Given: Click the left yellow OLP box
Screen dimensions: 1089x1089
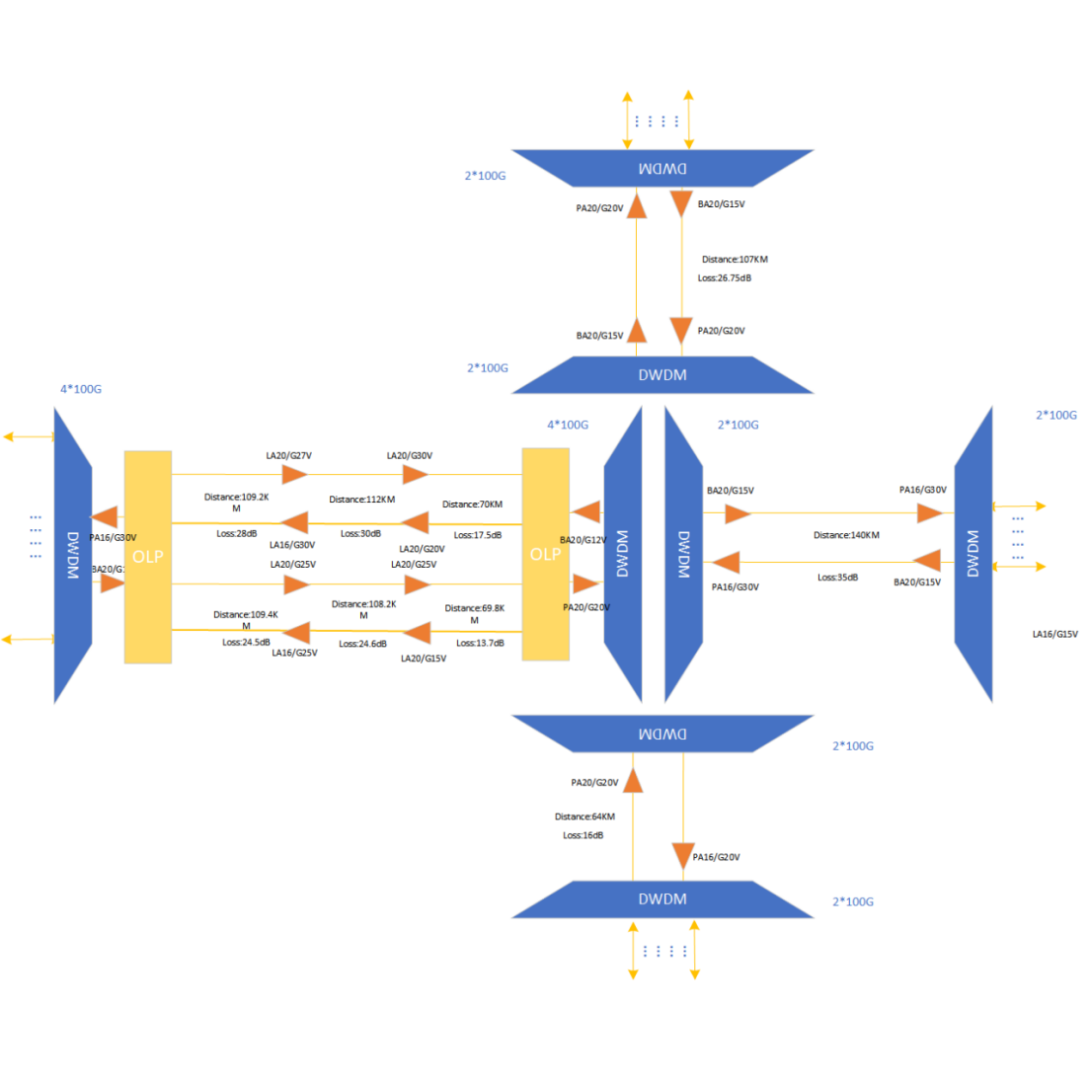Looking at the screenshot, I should point(148,557).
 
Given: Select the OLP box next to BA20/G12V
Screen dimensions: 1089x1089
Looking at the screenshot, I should point(545,554).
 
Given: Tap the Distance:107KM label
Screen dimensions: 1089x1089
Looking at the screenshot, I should point(735,260).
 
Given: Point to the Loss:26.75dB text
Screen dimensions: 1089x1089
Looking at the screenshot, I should point(725,278).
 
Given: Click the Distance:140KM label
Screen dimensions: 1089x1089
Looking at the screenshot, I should point(846,535).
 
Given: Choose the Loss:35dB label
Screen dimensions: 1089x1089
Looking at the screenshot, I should point(837,578).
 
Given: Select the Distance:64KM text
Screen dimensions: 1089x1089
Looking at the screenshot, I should point(584,817).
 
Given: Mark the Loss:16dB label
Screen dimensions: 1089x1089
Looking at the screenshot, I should point(583,835).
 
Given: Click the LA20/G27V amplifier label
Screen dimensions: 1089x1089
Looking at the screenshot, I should point(288,456).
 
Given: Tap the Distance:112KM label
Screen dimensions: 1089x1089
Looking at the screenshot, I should point(361,500).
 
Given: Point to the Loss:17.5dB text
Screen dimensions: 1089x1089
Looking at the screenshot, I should point(478,535).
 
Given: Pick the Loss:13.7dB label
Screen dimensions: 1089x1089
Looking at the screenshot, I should point(480,643).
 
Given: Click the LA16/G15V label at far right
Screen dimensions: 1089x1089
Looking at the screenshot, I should point(1054,634).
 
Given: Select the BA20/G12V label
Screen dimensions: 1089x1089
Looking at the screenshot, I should point(583,540).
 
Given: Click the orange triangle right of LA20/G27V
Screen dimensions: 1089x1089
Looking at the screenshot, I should point(295,475).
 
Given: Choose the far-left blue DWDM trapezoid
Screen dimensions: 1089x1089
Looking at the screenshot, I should point(72,555).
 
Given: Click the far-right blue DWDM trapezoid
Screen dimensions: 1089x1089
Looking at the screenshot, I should point(973,554).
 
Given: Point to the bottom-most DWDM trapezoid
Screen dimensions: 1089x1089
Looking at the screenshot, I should point(661,899).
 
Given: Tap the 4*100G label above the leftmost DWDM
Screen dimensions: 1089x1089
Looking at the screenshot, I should point(81,389).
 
